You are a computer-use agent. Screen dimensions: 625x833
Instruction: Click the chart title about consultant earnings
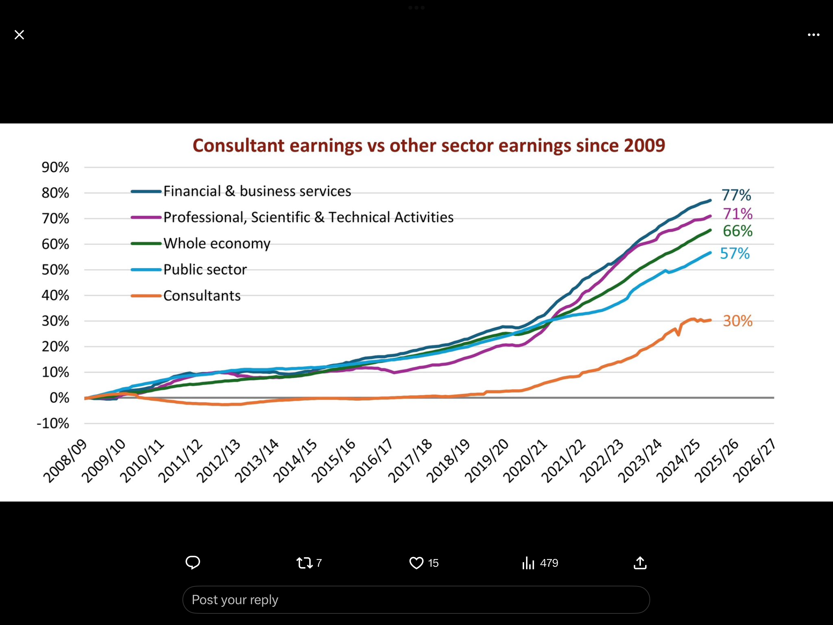click(428, 146)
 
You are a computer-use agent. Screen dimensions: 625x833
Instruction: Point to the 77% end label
click(736, 195)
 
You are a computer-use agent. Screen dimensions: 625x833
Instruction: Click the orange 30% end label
click(737, 321)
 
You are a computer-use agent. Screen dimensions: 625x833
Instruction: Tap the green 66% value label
click(737, 231)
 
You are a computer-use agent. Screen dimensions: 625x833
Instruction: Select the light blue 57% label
click(735, 253)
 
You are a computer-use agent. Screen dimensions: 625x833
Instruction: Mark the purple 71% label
click(737, 214)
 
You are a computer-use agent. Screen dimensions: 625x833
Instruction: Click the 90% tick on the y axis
click(55, 167)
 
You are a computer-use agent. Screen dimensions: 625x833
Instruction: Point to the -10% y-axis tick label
click(53, 424)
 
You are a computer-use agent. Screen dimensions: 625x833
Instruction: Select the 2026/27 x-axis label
click(754, 461)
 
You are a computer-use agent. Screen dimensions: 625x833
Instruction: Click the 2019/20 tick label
click(487, 461)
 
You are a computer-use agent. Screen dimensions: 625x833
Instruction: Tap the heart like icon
click(416, 563)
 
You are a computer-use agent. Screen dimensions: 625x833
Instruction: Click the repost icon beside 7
click(304, 563)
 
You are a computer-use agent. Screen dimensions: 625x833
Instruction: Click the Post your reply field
click(416, 600)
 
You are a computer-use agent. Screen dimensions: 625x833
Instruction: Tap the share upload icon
click(640, 563)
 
